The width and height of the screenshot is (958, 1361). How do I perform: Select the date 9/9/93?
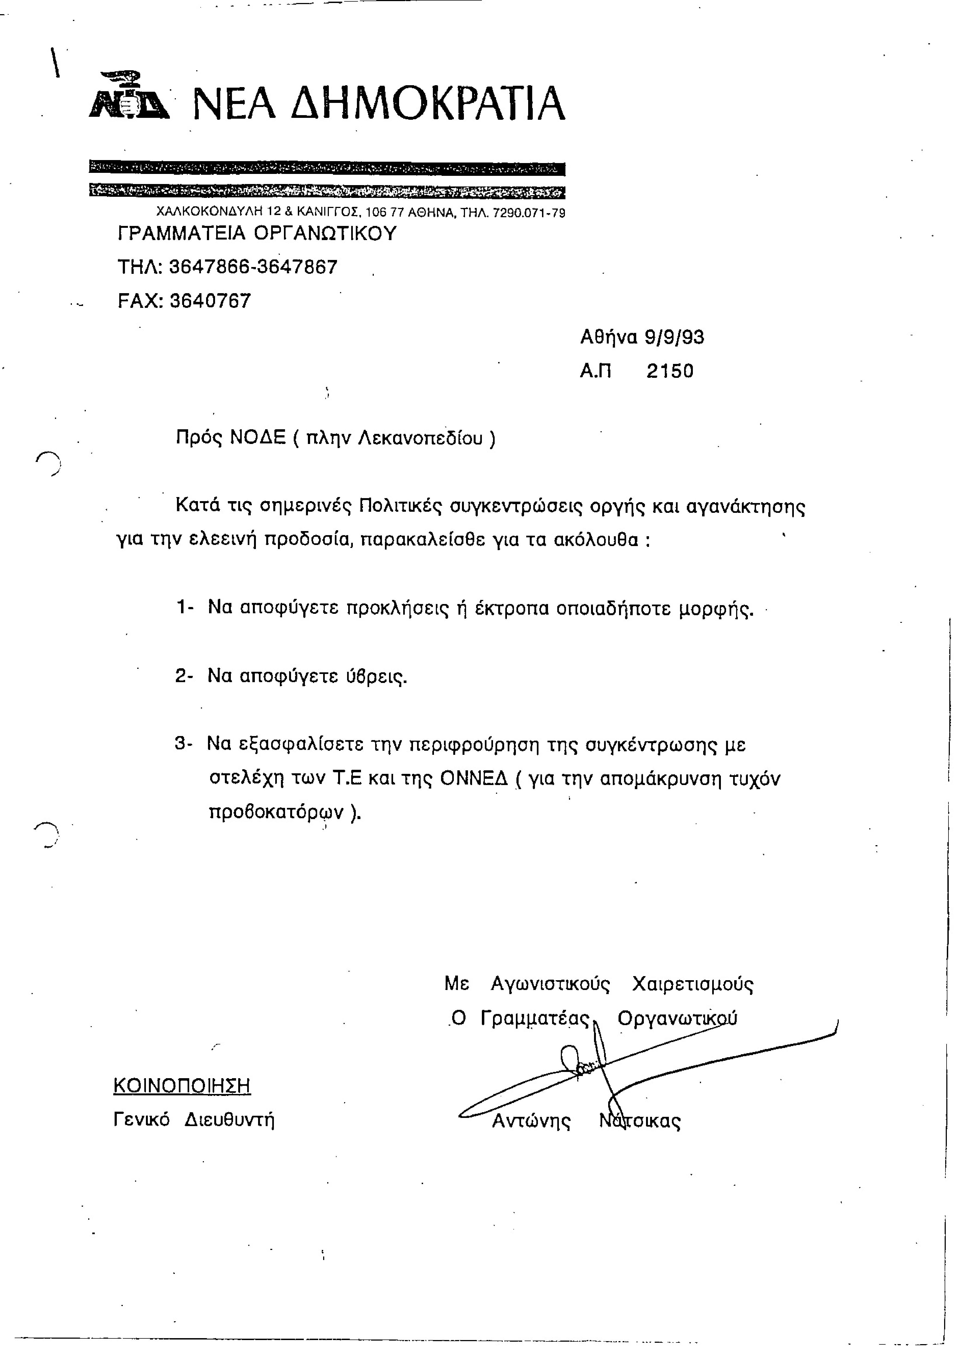[675, 337]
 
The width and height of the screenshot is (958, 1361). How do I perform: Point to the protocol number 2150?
[670, 371]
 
